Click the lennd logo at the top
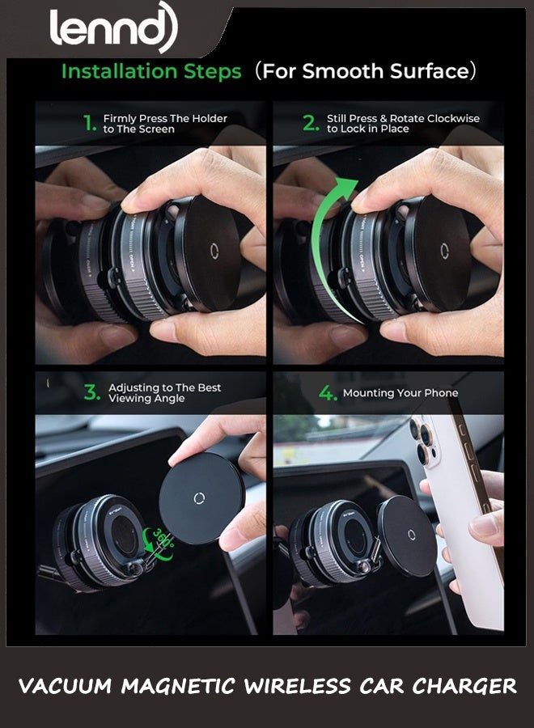tap(112, 28)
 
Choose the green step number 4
tap(327, 394)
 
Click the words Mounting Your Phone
tap(400, 393)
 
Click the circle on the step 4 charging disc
tap(411, 534)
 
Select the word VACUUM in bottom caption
tap(66, 687)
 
